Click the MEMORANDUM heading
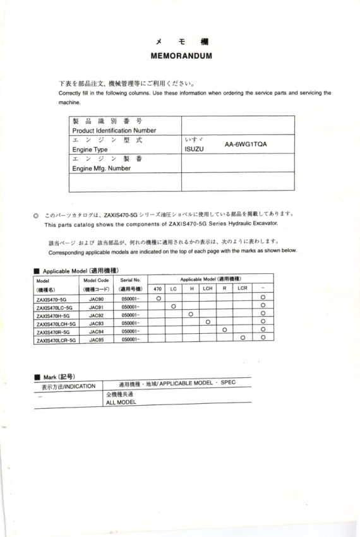[181, 56]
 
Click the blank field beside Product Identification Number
[237, 125]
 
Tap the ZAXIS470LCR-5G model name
[56, 339]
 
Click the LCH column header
[207, 288]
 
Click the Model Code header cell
[96, 280]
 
